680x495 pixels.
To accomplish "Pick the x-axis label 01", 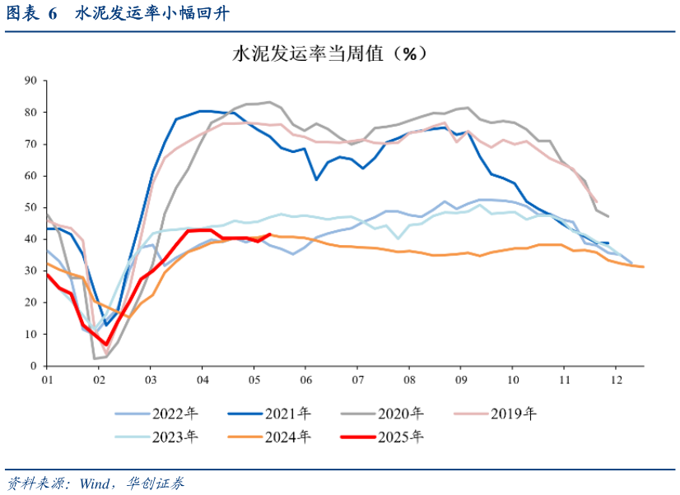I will click(x=47, y=381).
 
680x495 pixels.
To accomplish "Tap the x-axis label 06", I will click(x=305, y=381).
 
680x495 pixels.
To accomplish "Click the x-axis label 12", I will click(x=616, y=381).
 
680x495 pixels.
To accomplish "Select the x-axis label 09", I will click(x=461, y=381).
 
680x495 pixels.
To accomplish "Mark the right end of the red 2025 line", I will click(x=270, y=234).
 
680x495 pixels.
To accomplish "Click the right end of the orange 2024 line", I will click(x=643, y=266).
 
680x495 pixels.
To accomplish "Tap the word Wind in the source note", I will click(x=95, y=483).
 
